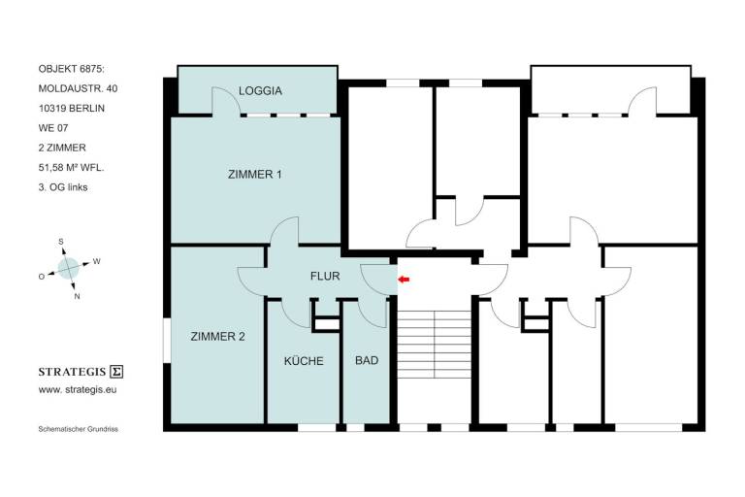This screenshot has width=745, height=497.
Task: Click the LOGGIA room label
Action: tap(260, 91)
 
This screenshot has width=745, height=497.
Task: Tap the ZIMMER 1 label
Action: tap(255, 175)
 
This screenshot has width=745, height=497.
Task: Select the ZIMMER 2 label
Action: tap(217, 337)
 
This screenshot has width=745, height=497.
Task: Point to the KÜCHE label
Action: tap(304, 360)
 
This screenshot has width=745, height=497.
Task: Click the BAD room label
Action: tap(367, 360)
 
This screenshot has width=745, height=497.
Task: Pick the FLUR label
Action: tap(325, 276)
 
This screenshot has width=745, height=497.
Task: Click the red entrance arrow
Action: tap(404, 280)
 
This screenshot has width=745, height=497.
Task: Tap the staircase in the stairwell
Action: tap(434, 345)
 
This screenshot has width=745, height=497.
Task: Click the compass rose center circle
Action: tap(69, 268)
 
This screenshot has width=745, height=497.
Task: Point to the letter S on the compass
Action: tap(61, 242)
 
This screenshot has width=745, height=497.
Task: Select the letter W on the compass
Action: tap(96, 261)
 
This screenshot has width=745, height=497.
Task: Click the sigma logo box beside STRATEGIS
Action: tap(116, 372)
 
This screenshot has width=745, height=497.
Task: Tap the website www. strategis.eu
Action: tap(78, 389)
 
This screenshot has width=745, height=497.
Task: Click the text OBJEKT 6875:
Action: tap(71, 69)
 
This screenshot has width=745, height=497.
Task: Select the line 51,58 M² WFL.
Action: tap(71, 167)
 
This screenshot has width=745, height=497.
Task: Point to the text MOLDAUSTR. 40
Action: tap(78, 89)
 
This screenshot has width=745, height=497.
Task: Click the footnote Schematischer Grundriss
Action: tap(78, 429)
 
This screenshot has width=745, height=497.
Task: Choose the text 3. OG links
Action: tap(63, 187)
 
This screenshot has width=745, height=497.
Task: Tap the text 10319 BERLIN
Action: tap(71, 109)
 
